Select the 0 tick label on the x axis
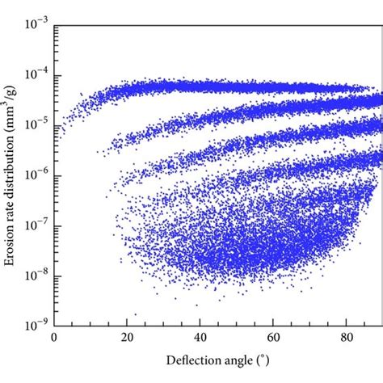click(54, 340)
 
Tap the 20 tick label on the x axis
click(127, 340)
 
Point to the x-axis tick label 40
click(200, 340)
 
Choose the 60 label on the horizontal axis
click(273, 340)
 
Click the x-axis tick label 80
click(346, 340)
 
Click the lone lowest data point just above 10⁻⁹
click(135, 314)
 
